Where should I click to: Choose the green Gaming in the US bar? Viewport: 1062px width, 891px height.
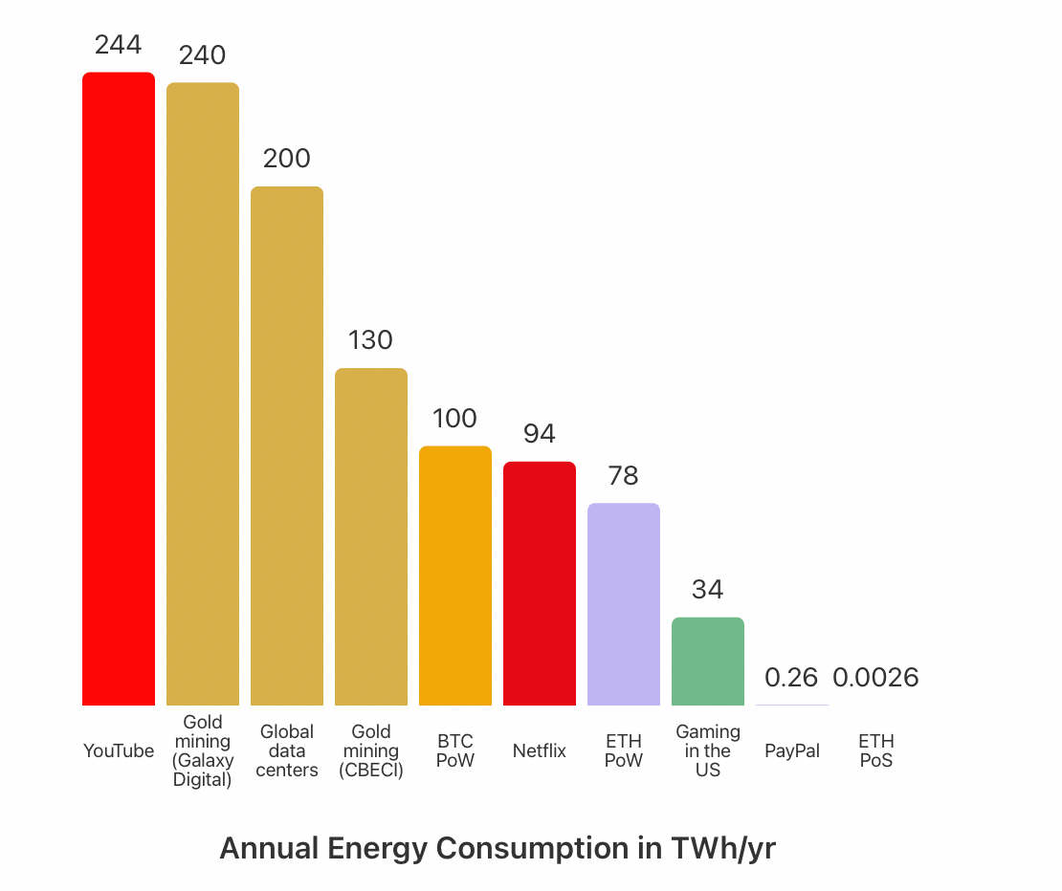pos(708,662)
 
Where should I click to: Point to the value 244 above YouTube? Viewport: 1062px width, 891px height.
pos(119,45)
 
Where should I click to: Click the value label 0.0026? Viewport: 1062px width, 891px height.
pos(875,678)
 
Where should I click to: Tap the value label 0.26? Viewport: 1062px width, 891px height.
pos(791,678)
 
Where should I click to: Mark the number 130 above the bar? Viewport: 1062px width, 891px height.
pos(371,340)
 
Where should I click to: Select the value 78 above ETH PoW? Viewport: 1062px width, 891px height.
pos(624,475)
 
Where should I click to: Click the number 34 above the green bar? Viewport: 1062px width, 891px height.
pos(708,590)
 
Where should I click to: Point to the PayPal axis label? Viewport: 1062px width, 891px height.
pos(792,751)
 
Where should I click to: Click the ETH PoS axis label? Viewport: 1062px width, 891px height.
pos(875,751)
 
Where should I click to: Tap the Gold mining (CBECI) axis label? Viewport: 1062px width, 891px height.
pos(371,751)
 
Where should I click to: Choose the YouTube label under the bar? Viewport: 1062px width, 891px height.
pos(119,751)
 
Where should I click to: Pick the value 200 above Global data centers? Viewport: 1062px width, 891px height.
pos(287,159)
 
